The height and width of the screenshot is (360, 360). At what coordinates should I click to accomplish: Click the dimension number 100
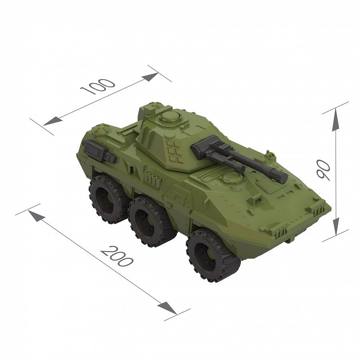[x=98, y=86]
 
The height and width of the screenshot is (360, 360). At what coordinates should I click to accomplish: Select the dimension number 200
[x=117, y=256]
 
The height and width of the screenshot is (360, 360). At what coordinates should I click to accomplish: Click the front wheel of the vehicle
[x=213, y=255]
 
